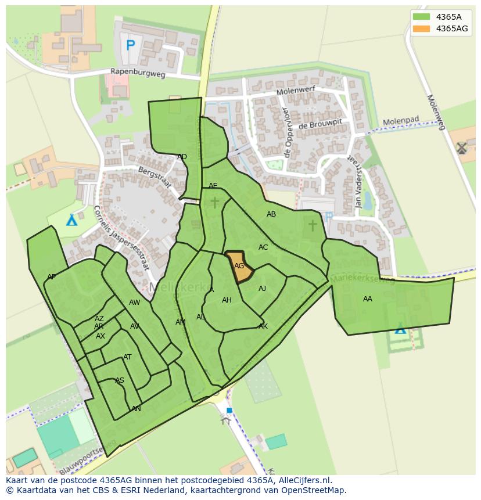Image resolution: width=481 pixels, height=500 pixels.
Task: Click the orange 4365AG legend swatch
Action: point(422,28)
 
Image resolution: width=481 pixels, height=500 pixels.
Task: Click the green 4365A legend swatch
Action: point(422,17)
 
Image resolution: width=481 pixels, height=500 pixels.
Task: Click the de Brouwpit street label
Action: point(320,125)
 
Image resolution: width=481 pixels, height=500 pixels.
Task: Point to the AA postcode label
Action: point(368,299)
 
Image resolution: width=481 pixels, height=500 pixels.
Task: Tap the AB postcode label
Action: point(271,214)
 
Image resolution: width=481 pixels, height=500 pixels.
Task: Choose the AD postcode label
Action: point(182,157)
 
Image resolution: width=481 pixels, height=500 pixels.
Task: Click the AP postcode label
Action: point(52,277)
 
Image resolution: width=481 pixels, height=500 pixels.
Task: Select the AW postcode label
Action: point(135,303)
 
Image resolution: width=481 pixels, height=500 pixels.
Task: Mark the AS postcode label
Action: point(119,381)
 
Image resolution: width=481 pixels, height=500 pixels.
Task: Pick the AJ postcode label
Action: point(263,289)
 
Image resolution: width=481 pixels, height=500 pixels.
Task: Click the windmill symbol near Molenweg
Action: point(462,148)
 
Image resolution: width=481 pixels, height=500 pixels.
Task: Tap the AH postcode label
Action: point(227,300)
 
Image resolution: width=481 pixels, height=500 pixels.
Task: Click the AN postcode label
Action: point(137,409)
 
